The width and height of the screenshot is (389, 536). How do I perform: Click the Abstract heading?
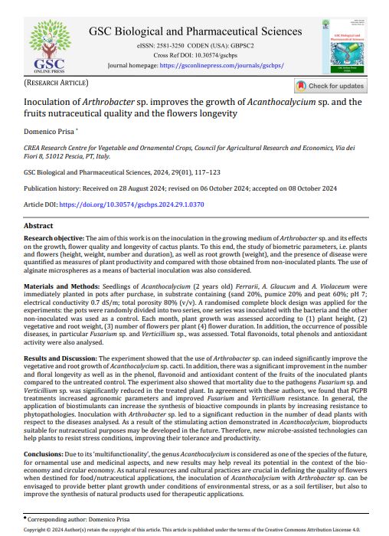click(x=39, y=226)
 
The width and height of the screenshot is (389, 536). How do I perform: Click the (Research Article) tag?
click(x=56, y=82)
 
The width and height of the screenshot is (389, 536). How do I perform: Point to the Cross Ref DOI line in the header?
click(x=194, y=56)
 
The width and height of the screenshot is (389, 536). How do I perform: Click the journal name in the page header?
click(x=194, y=32)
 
